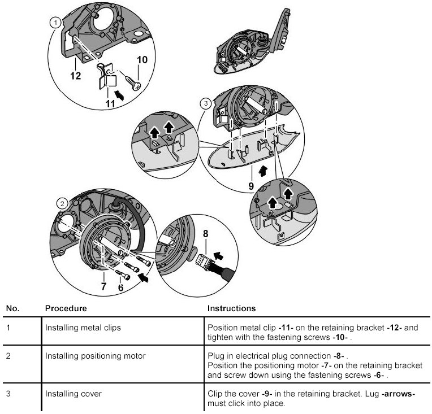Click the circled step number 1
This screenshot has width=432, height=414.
pos(55,23)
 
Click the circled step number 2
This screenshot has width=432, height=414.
pos(63,203)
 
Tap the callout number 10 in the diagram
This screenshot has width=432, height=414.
pos(142,60)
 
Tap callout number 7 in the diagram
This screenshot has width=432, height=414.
pos(103,286)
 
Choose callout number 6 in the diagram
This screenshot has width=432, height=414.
pos(120,287)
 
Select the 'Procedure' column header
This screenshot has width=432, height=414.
pos(66,309)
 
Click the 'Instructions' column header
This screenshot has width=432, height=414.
pos(231,309)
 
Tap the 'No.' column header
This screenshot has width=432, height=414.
pos(12,309)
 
